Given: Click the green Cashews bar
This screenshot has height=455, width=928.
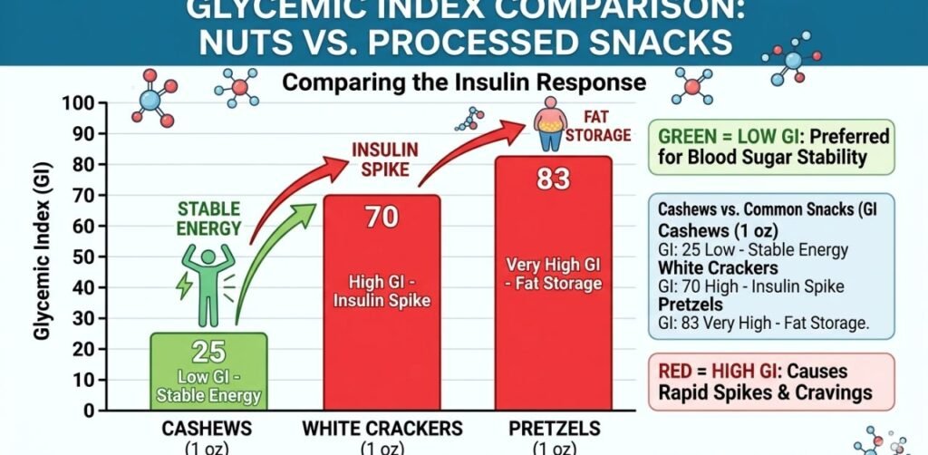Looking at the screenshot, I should tap(208, 372).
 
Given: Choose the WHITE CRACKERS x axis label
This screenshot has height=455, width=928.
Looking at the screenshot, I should tap(382, 429).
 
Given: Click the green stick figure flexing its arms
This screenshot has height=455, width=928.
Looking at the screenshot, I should tap(208, 273).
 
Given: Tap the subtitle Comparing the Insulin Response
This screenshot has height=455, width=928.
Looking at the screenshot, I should tap(464, 83).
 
